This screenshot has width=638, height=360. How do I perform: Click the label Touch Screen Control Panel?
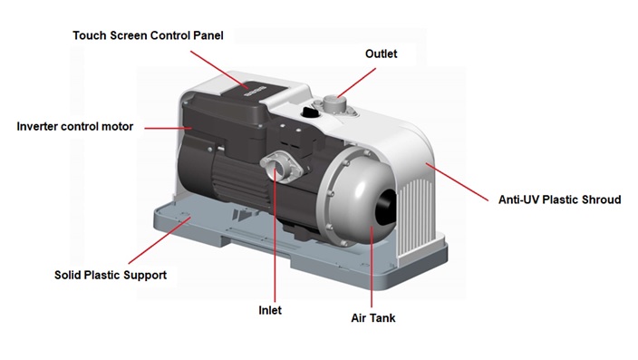pyautogui.click(x=148, y=35)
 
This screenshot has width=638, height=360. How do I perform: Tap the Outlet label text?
pyautogui.click(x=381, y=54)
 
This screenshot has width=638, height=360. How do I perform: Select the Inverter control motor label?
pyautogui.click(x=75, y=126)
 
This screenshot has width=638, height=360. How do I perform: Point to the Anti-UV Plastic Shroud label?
pyautogui.click(x=560, y=199)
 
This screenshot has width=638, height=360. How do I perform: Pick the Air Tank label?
pyautogui.click(x=373, y=318)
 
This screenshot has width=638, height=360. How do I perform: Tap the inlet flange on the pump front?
pyautogui.click(x=276, y=167)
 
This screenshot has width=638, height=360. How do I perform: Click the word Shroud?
pyautogui.click(x=600, y=199)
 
